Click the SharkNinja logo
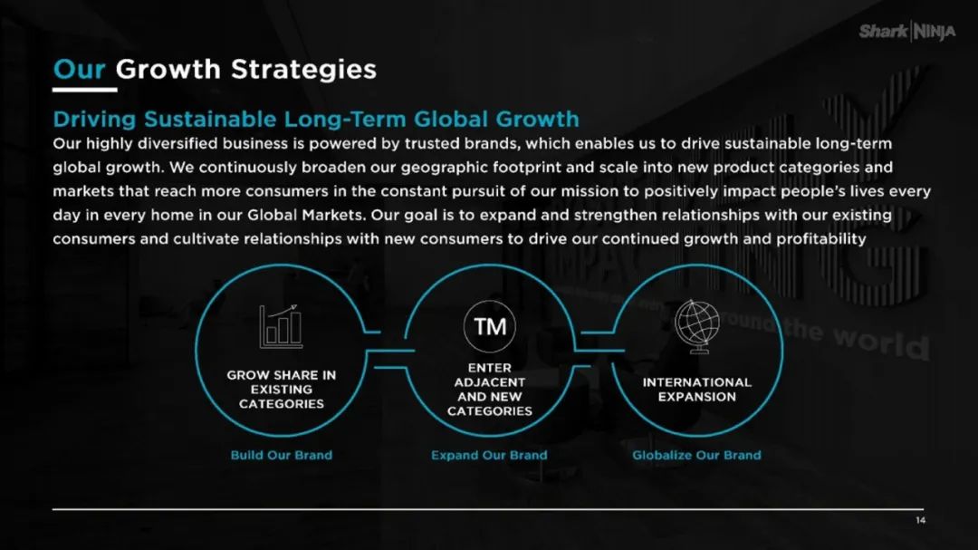pos(906,31)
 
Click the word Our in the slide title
pos(79,69)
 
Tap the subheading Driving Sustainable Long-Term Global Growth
pos(316,119)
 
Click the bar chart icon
pos(281,326)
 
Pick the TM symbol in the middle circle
pos(490,326)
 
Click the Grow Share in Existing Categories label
pos(282,390)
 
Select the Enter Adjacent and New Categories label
pos(490,390)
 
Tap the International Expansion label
pos(697,390)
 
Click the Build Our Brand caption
pos(282,455)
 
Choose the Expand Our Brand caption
pos(489,455)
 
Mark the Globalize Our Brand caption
pos(696,455)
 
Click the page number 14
pos(921,521)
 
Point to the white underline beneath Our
pos(85,90)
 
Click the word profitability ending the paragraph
pos(820,239)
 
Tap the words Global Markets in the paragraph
pos(306,216)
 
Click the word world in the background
pos(881,343)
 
